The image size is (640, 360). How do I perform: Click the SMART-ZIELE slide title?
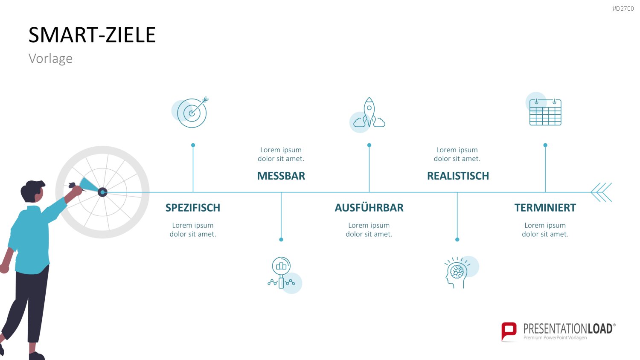[x=92, y=35]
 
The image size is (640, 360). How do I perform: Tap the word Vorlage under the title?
[x=51, y=58]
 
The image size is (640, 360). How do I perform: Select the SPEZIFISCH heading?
[x=193, y=208]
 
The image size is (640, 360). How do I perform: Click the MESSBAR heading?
[x=281, y=176]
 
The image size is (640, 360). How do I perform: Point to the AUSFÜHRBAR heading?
[x=369, y=208]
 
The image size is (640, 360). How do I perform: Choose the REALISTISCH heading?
[x=458, y=176]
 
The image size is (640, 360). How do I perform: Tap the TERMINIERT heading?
[x=545, y=208]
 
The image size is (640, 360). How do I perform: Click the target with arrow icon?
[x=192, y=112]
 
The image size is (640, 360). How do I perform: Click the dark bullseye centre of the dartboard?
[x=102, y=192]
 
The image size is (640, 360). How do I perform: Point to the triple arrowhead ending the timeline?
[x=601, y=192]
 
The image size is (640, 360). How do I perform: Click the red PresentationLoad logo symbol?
[x=509, y=332]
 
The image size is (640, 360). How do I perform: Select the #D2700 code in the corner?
[x=623, y=9]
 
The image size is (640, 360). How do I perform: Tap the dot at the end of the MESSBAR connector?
[x=281, y=239]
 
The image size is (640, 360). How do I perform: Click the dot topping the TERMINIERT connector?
[x=545, y=145]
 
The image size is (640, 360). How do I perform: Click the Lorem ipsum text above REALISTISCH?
[x=457, y=154]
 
